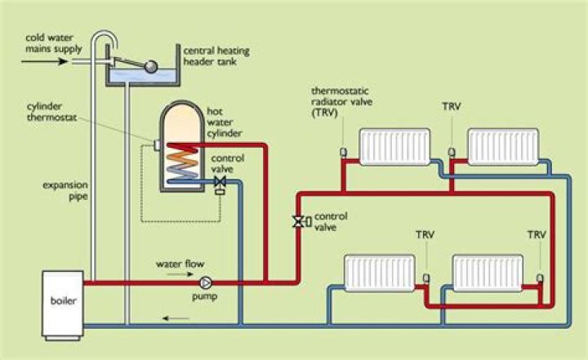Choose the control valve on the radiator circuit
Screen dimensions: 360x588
tap(299, 220)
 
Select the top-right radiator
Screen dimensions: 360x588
tap(502, 146)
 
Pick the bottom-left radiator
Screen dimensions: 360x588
tap(381, 273)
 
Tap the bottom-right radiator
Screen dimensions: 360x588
tap(488, 273)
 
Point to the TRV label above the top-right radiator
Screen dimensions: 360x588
tap(451, 107)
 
